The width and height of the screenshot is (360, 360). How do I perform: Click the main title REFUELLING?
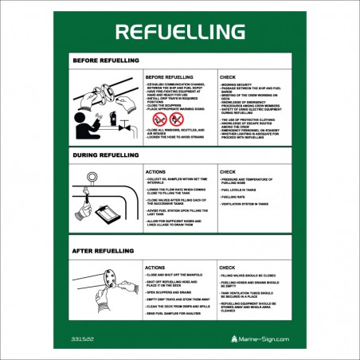coord(180,31)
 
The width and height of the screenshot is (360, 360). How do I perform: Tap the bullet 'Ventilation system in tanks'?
coord(245,204)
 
